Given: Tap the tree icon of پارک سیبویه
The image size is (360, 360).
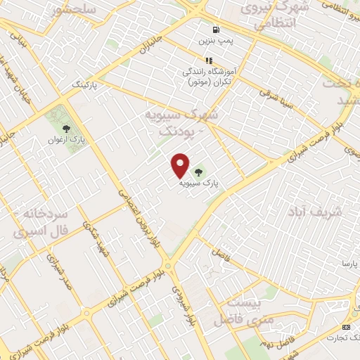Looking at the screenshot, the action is pyautogui.click(x=198, y=171).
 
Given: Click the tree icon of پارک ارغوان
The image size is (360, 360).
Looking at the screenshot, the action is pyautogui.click(x=67, y=129).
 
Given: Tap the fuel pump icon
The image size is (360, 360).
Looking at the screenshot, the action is pyautogui.click(x=214, y=30).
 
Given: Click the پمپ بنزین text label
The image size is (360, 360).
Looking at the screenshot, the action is pyautogui.click(x=214, y=41).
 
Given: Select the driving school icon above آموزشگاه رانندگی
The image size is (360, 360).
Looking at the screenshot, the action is pyautogui.click(x=208, y=60).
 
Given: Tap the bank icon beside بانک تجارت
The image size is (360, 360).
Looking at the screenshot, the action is pyautogui.click(x=346, y=327).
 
